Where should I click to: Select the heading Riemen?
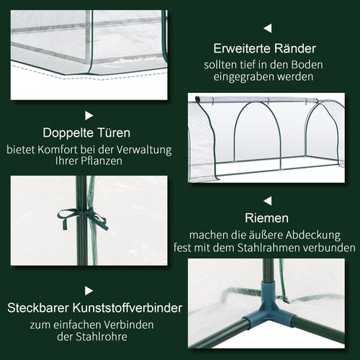click(x=267, y=217)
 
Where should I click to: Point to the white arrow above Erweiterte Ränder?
click(x=267, y=28)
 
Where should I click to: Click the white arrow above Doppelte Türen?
click(x=89, y=114)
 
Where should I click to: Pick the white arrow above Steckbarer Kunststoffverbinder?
click(x=89, y=290)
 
